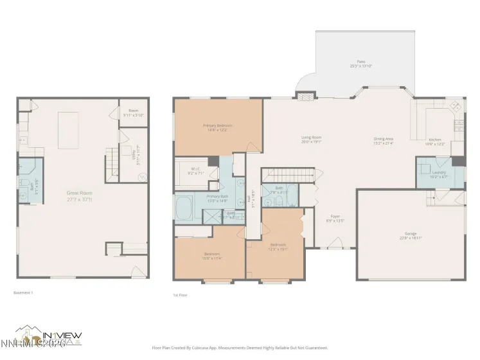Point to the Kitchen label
[436, 141]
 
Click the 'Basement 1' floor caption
[23, 292]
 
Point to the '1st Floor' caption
[181, 295]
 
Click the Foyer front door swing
[334, 243]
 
